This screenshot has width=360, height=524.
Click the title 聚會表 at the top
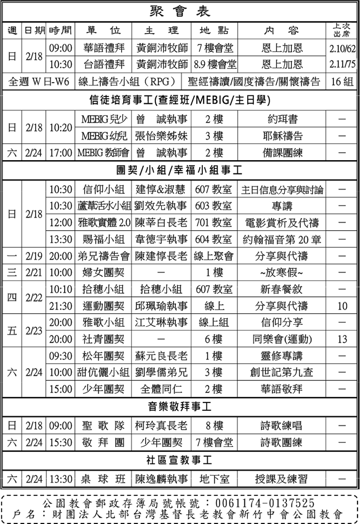coord(180,11)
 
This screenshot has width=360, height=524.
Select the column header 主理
coord(162,31)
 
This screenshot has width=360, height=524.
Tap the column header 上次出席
coord(342,31)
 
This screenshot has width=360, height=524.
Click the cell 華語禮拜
coord(104,48)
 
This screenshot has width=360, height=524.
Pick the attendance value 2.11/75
coord(342,64)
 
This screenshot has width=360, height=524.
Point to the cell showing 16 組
coord(342,82)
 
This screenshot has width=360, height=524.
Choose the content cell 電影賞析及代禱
coord(282,222)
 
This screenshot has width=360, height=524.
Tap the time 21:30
coord(61,306)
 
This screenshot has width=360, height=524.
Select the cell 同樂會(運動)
coord(282,339)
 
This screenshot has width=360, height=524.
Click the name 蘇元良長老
coord(162,356)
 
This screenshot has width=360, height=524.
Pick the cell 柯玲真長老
coord(162,426)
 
